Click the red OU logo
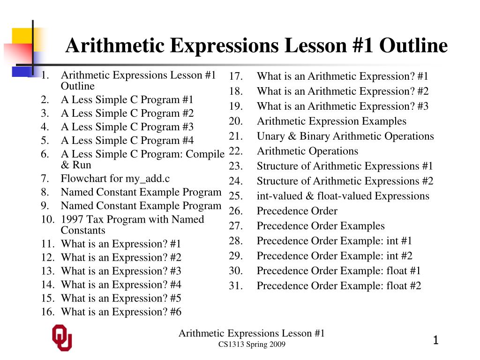(62, 337)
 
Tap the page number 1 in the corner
(436, 340)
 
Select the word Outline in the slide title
(413, 45)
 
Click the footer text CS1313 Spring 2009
(252, 345)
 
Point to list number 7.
(45, 178)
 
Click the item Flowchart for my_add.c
(115, 179)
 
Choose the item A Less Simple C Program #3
(127, 127)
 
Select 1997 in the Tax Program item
(72, 219)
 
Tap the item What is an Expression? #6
(121, 312)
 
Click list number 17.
(236, 76)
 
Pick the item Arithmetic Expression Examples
(331, 121)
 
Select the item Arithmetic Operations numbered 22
(307, 151)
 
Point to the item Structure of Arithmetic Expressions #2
(345, 181)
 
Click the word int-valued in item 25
(279, 196)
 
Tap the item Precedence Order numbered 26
(297, 211)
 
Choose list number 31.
(236, 285)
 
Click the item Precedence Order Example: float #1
(338, 270)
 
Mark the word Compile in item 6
(205, 154)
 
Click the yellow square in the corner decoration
(22, 36)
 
